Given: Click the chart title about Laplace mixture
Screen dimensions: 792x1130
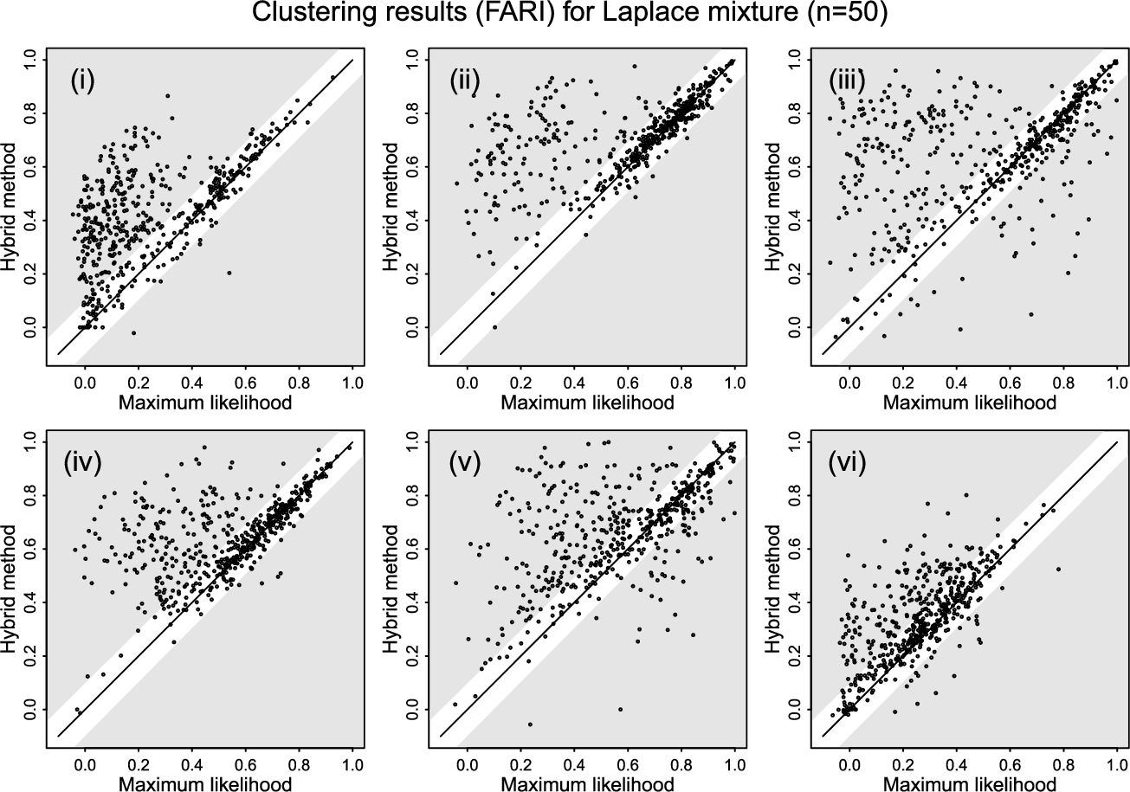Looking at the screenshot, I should (x=565, y=15).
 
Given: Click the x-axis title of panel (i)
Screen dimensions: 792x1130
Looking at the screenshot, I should (x=201, y=402).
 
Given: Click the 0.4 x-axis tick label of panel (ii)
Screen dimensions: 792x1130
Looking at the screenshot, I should (x=575, y=381).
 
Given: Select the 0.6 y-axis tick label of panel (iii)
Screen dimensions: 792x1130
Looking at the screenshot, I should (x=792, y=165).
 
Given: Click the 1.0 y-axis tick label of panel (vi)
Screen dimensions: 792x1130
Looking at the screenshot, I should (x=792, y=441).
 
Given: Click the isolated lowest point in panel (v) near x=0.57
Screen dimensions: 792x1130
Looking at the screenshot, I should (x=620, y=709).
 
